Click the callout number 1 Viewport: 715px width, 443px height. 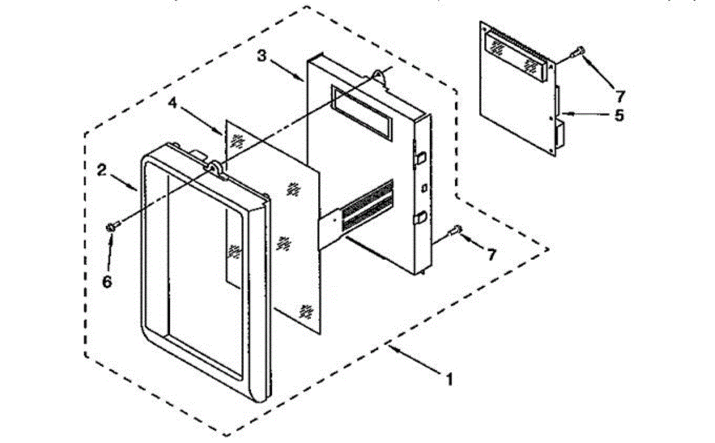(x=450, y=378)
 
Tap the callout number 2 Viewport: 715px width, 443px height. (x=102, y=171)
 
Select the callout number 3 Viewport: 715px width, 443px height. (x=262, y=56)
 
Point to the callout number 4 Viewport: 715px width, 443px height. (x=172, y=103)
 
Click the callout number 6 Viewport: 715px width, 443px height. (x=107, y=281)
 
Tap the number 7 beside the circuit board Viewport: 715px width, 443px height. (x=620, y=95)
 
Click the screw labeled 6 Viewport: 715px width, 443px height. (x=112, y=226)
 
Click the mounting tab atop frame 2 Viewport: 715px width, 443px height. (x=216, y=168)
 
